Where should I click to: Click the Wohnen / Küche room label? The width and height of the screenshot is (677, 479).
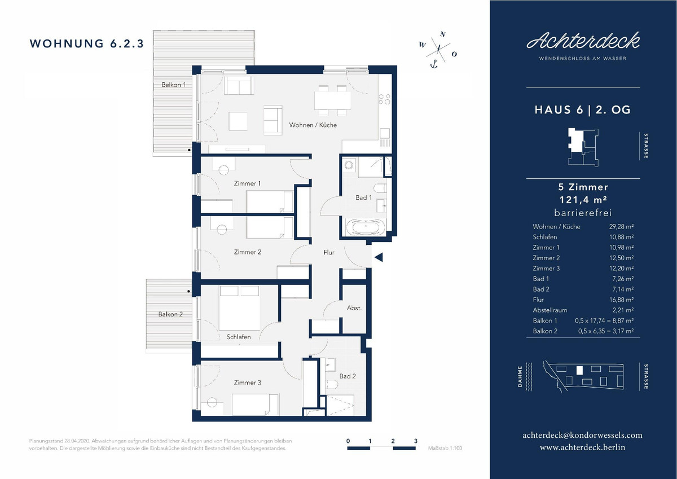[313, 125]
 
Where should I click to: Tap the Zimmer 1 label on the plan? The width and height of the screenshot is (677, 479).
[247, 183]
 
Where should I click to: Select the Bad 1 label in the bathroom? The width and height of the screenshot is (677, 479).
[363, 197]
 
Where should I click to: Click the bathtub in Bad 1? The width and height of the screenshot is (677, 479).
[366, 227]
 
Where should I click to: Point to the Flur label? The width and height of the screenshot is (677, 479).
[329, 252]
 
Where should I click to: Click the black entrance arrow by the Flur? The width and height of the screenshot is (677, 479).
[379, 257]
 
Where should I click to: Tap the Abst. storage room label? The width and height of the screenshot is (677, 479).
[354, 308]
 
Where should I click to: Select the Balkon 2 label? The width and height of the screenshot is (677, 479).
[170, 314]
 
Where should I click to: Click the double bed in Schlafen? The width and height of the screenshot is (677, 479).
[239, 308]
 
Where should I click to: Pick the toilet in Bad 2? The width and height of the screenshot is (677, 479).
[331, 384]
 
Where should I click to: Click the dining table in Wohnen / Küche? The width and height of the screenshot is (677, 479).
[332, 100]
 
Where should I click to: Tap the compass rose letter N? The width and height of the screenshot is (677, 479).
[443, 34]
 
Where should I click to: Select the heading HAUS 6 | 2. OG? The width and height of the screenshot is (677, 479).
[583, 109]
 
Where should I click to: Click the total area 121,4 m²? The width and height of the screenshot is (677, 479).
[583, 200]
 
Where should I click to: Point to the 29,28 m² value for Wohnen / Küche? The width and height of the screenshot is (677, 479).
[621, 227]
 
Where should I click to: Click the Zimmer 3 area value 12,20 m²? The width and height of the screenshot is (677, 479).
[621, 269]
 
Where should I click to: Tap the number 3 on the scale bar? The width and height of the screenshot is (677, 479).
[416, 441]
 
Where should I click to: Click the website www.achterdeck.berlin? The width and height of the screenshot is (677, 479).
[582, 447]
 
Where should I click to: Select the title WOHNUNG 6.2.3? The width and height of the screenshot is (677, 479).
[87, 43]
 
